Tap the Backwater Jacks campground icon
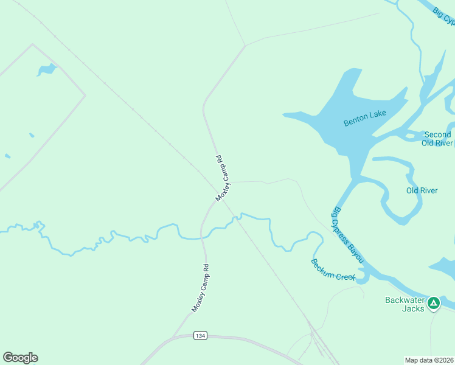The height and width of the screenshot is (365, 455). click(433, 302)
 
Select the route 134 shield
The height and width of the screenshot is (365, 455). click(200, 336)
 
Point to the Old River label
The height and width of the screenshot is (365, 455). click(422, 190)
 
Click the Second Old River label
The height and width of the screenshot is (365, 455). click(437, 139)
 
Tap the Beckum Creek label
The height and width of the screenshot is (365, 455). click(333, 270)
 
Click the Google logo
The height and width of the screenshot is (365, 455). click(20, 358)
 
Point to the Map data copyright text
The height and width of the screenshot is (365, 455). click(428, 359)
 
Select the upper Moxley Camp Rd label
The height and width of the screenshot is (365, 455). click(222, 178)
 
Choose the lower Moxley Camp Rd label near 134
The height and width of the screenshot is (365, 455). click(200, 288)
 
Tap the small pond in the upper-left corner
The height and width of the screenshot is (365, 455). click(46, 70)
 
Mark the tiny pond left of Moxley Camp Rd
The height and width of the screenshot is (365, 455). click(31, 134)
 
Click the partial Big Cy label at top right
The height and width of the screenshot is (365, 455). click(445, 16)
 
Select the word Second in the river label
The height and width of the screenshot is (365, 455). click(437, 134)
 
